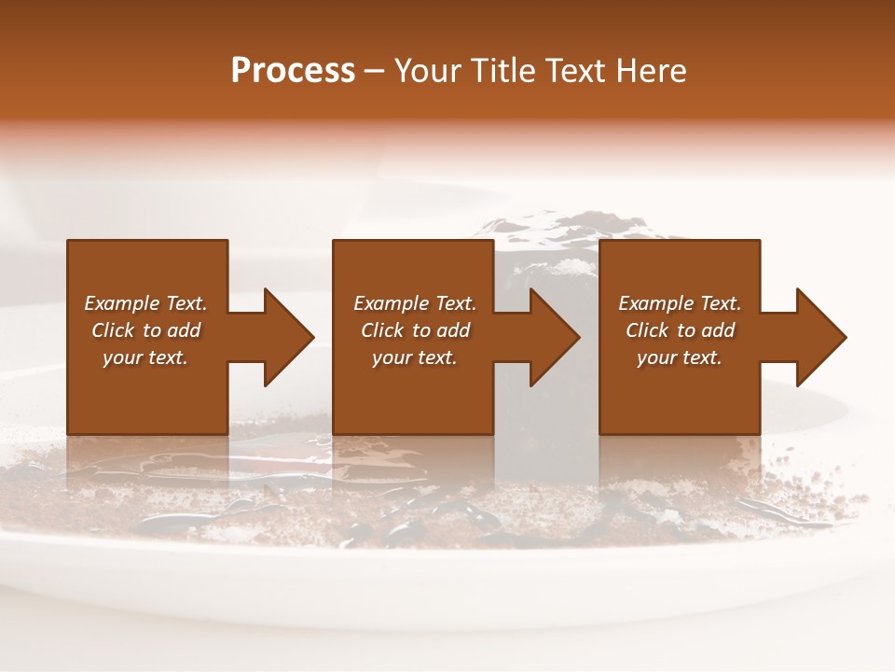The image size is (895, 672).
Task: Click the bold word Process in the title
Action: pos(293,71)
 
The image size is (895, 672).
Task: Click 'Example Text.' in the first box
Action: pos(145,303)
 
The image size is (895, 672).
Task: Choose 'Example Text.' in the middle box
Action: pos(415,303)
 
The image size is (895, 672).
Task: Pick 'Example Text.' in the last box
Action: pos(680,303)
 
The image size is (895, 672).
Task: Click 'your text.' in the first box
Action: pos(145,357)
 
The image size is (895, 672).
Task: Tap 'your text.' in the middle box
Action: pos(415,357)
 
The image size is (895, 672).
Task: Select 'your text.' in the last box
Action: pos(680,357)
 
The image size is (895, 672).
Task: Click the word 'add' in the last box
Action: pos(717,330)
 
